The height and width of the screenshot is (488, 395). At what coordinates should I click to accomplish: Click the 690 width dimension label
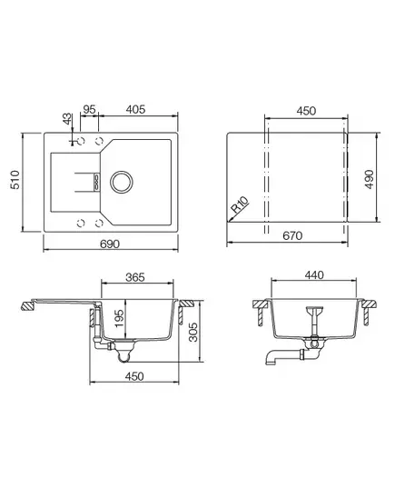110,244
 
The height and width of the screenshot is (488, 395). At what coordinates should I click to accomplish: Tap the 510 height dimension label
15,179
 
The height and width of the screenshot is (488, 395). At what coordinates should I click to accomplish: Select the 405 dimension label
135,109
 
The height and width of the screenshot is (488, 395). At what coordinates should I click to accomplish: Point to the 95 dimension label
89,109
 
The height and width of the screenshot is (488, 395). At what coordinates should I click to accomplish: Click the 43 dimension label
67,119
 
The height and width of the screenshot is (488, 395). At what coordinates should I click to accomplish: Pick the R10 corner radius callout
241,204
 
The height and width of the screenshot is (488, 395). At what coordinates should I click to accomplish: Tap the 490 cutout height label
370,179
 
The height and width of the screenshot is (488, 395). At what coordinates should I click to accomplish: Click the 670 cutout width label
292,235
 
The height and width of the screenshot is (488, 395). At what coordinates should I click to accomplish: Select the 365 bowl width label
135,277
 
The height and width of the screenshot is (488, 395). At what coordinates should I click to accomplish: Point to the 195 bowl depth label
119,318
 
